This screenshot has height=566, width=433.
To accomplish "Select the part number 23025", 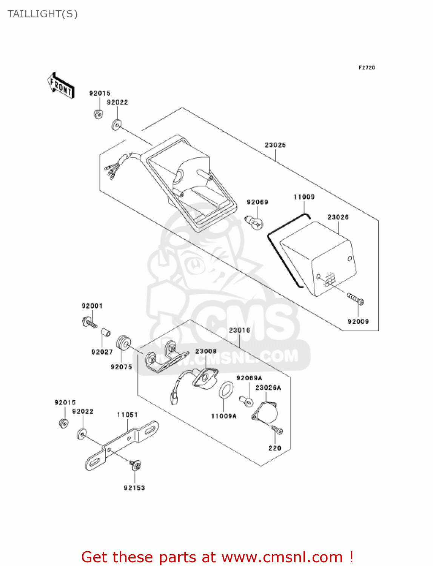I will tap(275, 145).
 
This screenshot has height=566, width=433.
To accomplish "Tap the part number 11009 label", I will tap(304, 197).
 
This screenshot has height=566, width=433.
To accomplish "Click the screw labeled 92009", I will tap(356, 299).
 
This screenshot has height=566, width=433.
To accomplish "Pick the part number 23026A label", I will tap(268, 388).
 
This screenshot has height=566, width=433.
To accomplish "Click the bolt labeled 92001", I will tap(89, 323).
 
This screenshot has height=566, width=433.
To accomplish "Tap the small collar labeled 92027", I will tap(105, 333).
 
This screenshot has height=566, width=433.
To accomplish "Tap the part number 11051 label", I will tap(127, 415).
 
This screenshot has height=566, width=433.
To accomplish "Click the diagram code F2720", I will tap(367, 68).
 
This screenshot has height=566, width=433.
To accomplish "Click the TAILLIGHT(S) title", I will tap(43, 14).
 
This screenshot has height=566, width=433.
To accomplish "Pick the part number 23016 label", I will tap(239, 330).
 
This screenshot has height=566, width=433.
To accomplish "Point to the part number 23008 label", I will tap(206, 351).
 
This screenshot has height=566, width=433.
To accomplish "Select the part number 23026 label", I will tap(338, 217).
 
